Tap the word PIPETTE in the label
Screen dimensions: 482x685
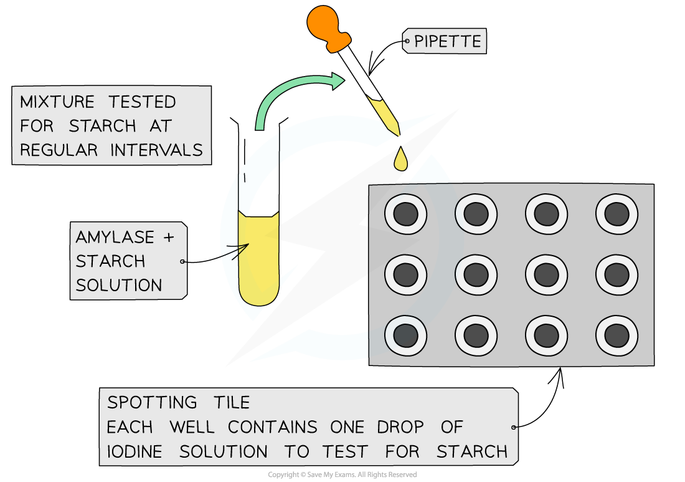pyautogui.click(x=447, y=42)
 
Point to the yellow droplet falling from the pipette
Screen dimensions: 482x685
pyautogui.click(x=401, y=160)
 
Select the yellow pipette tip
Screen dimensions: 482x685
pyautogui.click(x=384, y=115)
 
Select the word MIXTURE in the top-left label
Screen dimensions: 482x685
pyautogui.click(x=57, y=102)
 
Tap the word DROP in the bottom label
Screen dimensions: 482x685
pyautogui.click(x=400, y=427)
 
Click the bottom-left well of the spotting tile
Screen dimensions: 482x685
pyautogui.click(x=405, y=335)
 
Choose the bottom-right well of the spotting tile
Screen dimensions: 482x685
pyautogui.click(x=616, y=335)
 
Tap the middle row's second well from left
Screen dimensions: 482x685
pyautogui.click(x=476, y=275)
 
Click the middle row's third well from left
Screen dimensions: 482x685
pyautogui.click(x=546, y=275)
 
